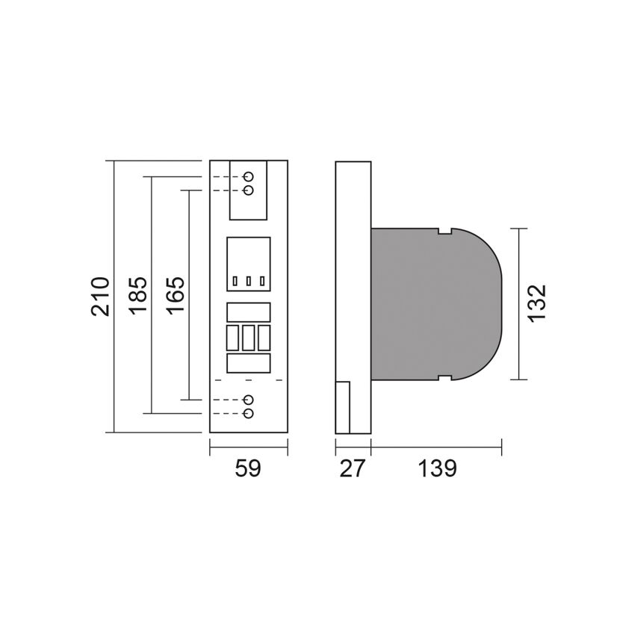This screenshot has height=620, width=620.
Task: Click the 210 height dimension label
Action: click(x=100, y=297)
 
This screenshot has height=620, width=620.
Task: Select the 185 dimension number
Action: click(x=138, y=295)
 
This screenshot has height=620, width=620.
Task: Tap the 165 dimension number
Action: click(x=176, y=295)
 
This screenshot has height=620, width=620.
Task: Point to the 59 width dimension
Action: click(x=248, y=468)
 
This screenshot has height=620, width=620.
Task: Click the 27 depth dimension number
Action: click(x=352, y=468)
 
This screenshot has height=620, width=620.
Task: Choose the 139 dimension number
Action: click(x=437, y=468)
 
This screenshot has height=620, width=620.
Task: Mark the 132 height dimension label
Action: click(x=537, y=303)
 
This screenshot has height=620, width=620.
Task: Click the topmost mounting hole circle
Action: click(x=248, y=176)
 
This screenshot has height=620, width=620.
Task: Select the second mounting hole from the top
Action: click(x=248, y=190)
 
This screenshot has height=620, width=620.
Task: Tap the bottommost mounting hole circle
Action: click(x=248, y=414)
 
